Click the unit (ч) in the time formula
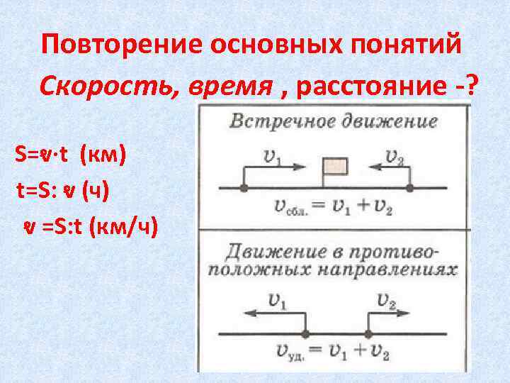[x=95, y=189]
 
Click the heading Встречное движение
[x=333, y=121]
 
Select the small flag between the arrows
[x=334, y=167]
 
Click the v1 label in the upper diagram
[x=271, y=157]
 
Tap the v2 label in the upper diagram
[x=395, y=157]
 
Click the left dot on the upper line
[x=243, y=188]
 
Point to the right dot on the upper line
[x=409, y=188]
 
